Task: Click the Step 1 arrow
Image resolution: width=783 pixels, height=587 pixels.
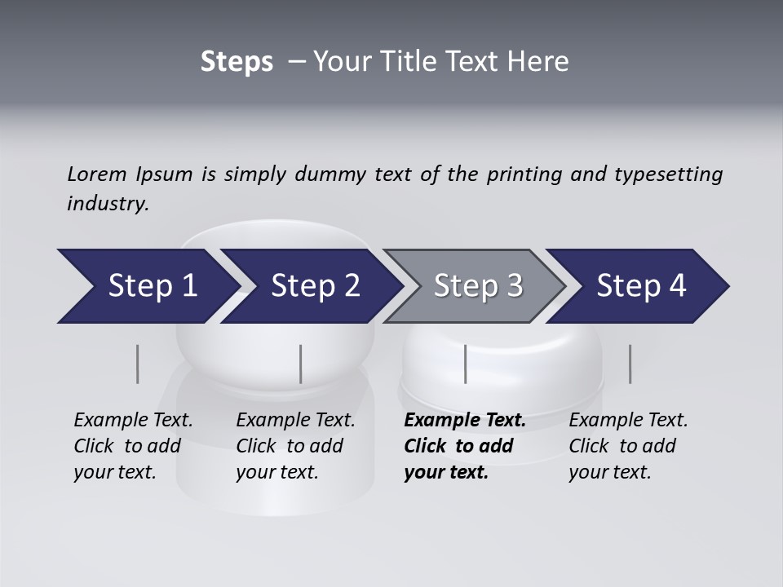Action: coord(147,286)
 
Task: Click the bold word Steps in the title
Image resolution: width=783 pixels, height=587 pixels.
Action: coord(237,61)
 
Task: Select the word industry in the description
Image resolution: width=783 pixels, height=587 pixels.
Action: coord(108,204)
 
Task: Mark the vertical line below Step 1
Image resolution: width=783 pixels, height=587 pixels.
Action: coord(138,364)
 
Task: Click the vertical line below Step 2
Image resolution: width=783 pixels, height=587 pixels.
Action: coord(301,364)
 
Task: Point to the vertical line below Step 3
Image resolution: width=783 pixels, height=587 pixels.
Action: coord(465,364)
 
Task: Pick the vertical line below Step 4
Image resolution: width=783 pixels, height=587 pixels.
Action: coord(630,364)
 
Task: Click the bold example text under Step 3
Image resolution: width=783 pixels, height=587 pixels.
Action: coord(464,446)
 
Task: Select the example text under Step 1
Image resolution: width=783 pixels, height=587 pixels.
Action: coord(133,446)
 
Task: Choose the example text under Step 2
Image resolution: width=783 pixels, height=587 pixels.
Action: coord(295,446)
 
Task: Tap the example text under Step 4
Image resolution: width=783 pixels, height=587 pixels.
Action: coord(628,446)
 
